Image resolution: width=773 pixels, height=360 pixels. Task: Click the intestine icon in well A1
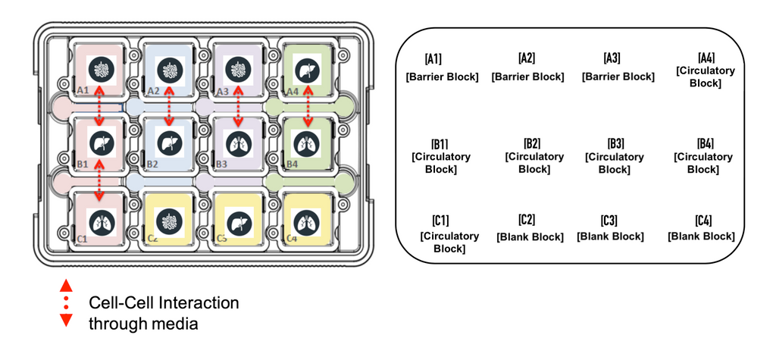point(101,70)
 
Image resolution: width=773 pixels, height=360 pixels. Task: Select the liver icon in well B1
point(101,142)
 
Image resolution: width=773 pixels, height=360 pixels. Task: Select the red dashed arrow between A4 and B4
point(308,106)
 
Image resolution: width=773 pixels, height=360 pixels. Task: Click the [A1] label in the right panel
point(433,59)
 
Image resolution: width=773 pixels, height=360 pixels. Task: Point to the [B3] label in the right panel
point(615,143)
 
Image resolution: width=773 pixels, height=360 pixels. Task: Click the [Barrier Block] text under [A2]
point(527,77)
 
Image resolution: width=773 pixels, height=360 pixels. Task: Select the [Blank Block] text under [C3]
point(610,236)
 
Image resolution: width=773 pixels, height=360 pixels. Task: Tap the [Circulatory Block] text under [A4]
point(706,77)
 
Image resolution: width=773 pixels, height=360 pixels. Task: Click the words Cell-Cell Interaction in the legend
point(164,303)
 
